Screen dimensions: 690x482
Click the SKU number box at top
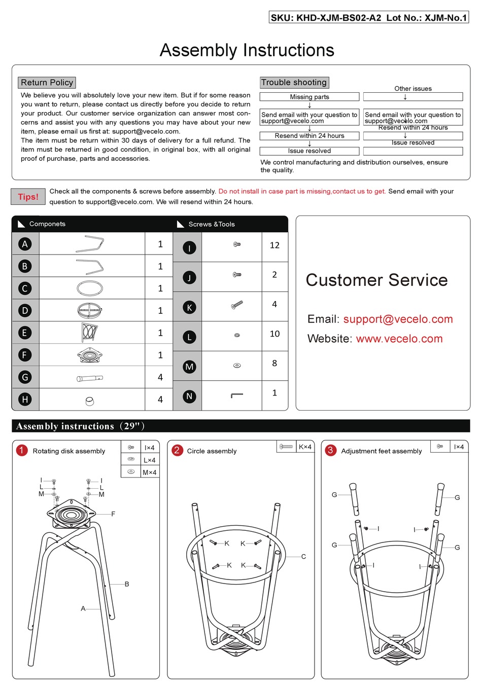tap(368, 18)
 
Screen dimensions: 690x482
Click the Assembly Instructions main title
tap(247, 50)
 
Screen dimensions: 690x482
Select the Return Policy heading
tap(47, 83)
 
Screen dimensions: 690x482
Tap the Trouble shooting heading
tap(294, 83)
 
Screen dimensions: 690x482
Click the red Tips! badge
tap(28, 197)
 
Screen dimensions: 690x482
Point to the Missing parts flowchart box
tap(309, 97)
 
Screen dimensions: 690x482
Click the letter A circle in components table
tap(25, 244)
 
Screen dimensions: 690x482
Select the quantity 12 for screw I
tap(274, 245)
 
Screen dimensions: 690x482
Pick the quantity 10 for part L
tap(274, 334)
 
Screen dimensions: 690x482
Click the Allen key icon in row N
tap(237, 395)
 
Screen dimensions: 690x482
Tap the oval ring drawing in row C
tap(90, 288)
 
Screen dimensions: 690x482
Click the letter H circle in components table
tap(25, 400)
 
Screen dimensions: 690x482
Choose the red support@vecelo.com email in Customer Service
tap(398, 319)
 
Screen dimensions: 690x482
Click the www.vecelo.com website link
tap(399, 339)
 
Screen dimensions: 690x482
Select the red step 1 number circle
tap(21, 450)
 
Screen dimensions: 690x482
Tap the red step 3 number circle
tap(330, 450)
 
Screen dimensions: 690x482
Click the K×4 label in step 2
tap(305, 447)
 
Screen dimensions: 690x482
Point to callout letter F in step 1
tap(113, 514)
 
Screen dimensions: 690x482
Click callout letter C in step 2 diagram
tap(303, 557)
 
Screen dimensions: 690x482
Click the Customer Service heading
tap(376, 280)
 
